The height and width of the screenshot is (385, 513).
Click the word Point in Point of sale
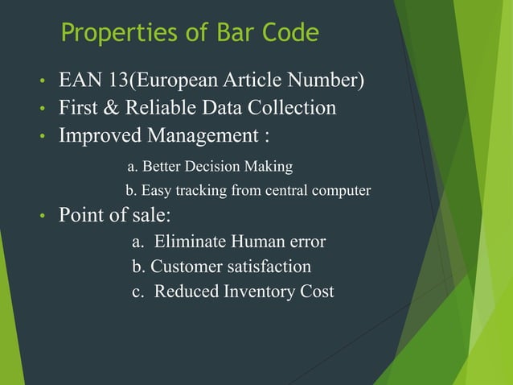tap(81, 216)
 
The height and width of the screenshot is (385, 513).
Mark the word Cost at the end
tap(316, 291)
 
